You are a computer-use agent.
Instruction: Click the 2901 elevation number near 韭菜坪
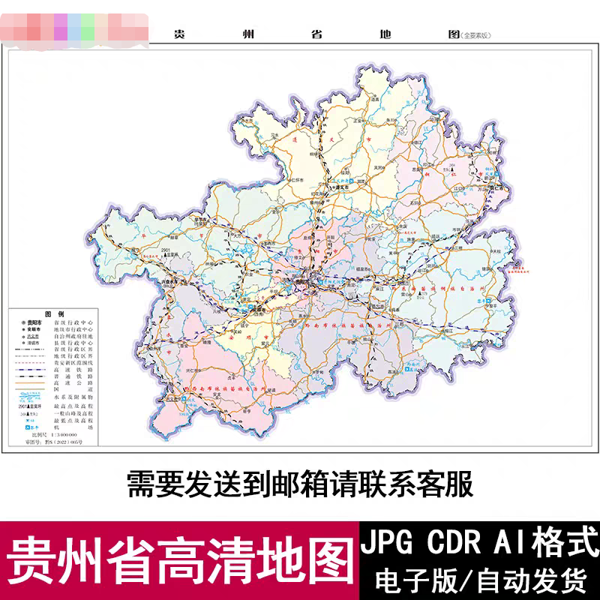[167, 247]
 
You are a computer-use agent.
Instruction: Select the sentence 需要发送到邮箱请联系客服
[300, 484]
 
